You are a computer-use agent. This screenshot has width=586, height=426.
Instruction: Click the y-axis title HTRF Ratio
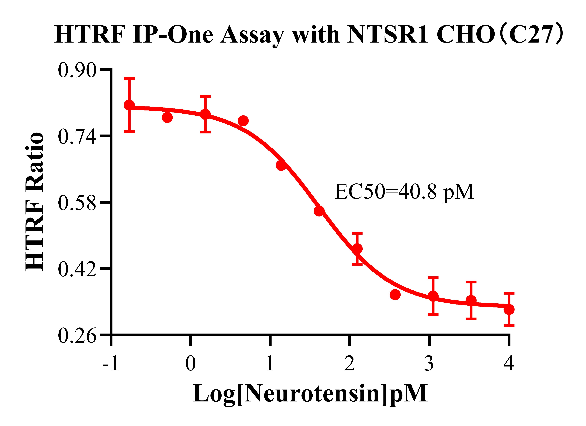(x=35, y=202)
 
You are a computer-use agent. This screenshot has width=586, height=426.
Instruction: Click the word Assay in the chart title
(x=252, y=35)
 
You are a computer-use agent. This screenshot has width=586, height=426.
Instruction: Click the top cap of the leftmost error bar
(x=129, y=78)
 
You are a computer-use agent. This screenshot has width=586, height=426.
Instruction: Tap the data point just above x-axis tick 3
(x=433, y=296)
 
